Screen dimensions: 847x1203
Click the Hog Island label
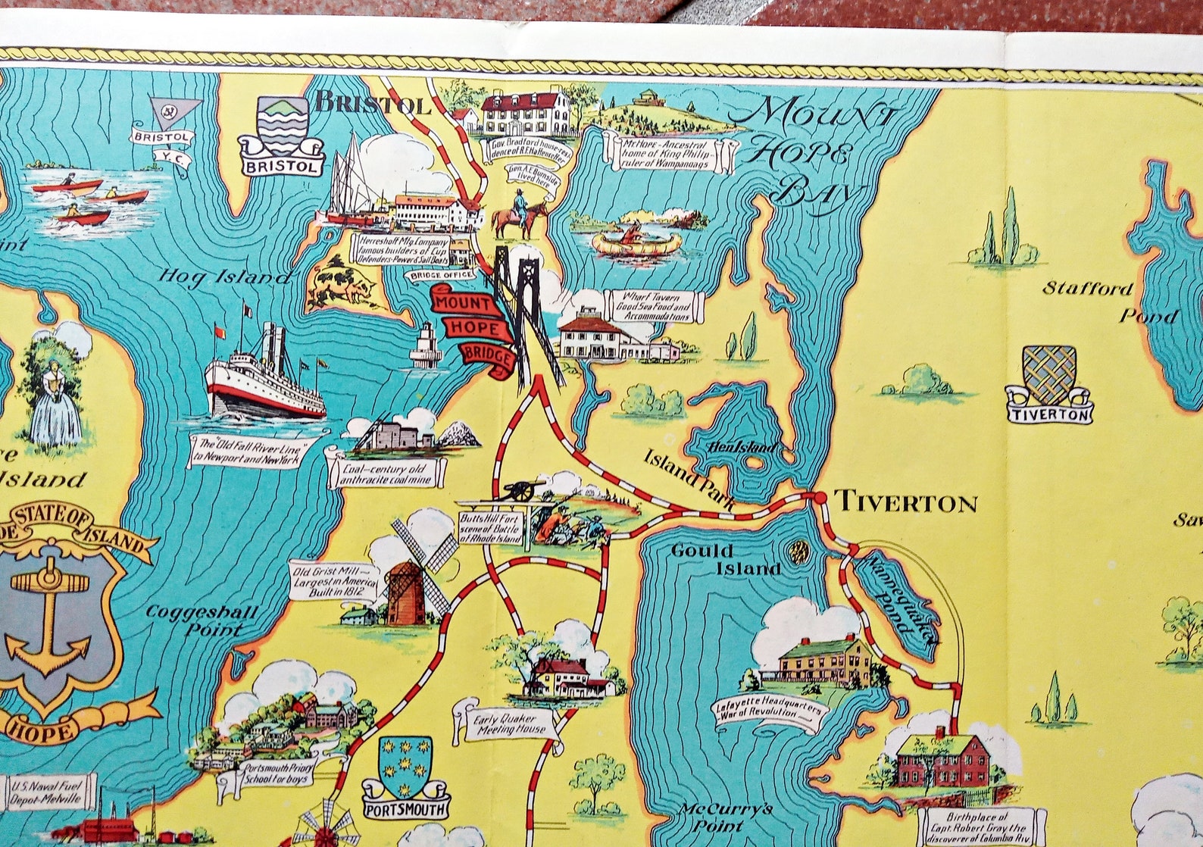click(223, 278)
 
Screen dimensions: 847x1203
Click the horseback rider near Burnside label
click(519, 211)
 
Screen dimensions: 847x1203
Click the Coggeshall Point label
click(202, 619)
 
